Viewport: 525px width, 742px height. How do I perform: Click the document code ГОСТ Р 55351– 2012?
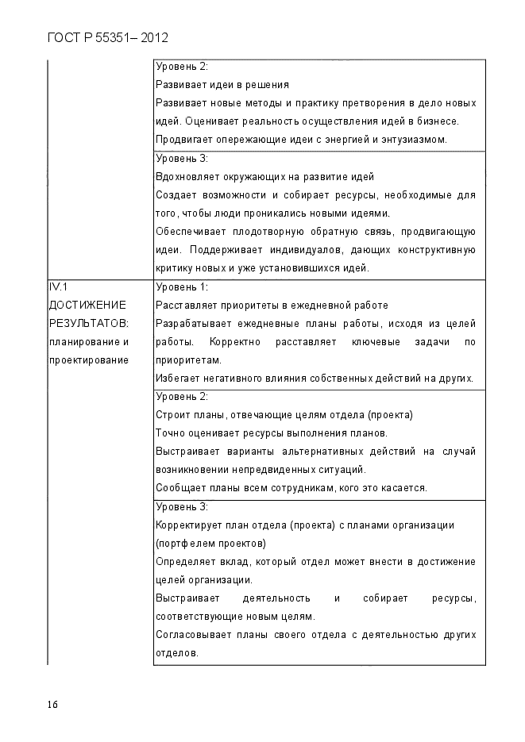click(x=108, y=38)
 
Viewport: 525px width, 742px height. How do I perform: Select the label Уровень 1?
click(x=182, y=287)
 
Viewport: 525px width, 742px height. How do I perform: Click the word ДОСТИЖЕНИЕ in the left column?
click(x=87, y=306)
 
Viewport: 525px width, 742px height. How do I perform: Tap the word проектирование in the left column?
click(x=88, y=360)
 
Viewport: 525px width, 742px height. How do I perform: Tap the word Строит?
click(x=172, y=415)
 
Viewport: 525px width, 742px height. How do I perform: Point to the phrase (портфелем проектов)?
click(x=211, y=544)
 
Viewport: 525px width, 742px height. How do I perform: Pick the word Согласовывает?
click(x=191, y=635)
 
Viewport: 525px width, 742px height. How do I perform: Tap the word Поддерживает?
click(x=219, y=250)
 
